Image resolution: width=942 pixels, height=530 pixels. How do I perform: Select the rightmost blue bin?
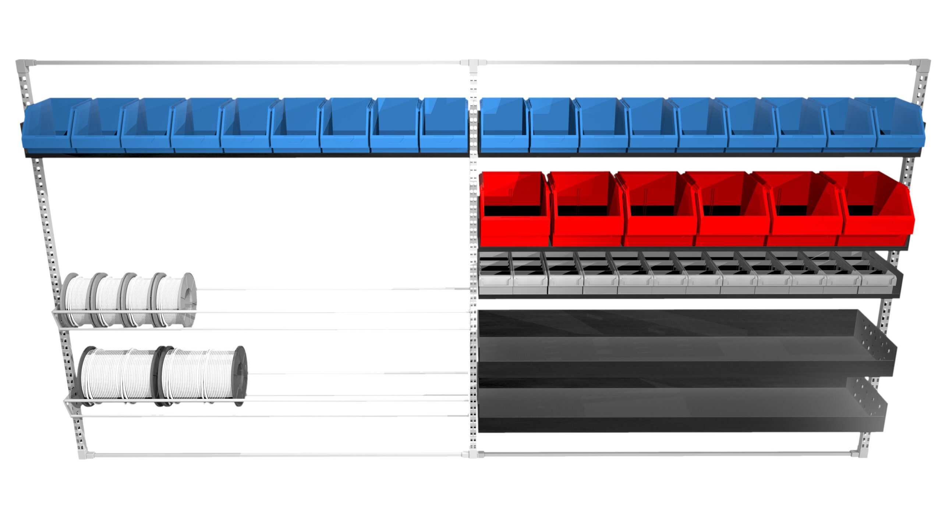898,127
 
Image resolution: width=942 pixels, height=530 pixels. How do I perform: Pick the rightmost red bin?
876,210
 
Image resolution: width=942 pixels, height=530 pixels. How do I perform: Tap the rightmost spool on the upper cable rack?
177,300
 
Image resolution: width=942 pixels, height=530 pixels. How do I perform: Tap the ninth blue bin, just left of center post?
443,127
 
